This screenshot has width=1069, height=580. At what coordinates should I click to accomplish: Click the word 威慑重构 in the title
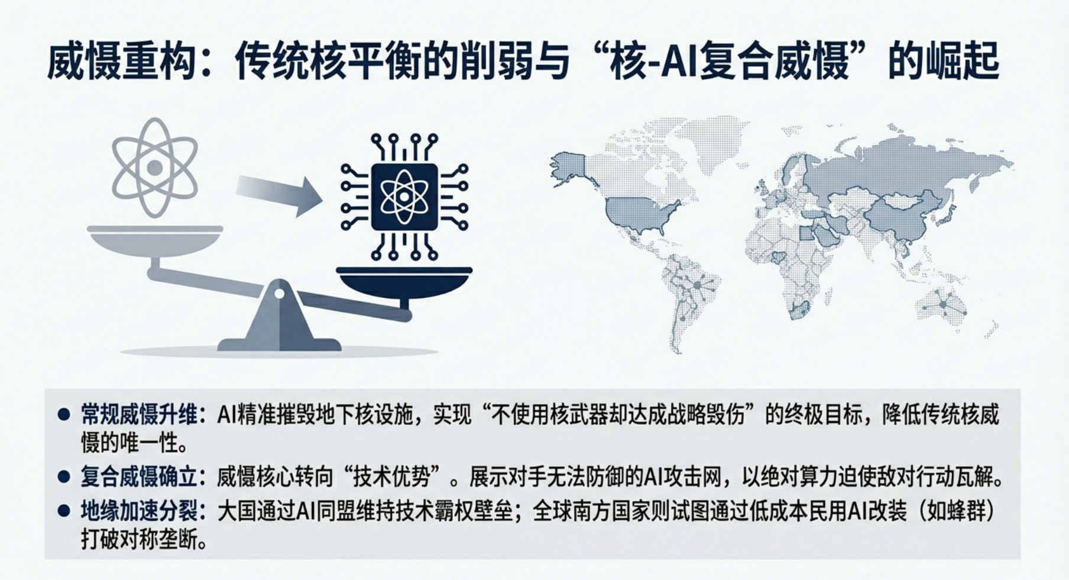coord(121,62)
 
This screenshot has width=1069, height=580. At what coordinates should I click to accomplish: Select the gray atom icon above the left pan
coord(154,167)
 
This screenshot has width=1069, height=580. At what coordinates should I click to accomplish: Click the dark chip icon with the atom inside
coord(404,197)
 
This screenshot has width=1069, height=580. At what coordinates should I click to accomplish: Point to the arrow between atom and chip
coord(279,194)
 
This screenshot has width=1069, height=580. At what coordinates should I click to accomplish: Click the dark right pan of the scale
coord(404,282)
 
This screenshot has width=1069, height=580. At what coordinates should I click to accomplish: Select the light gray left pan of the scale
coord(155,241)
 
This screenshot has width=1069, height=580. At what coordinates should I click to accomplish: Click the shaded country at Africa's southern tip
coord(802,310)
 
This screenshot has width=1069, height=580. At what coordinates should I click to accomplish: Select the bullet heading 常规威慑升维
coord(139,414)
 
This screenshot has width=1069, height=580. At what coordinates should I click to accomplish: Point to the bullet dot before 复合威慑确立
coord(64,477)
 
